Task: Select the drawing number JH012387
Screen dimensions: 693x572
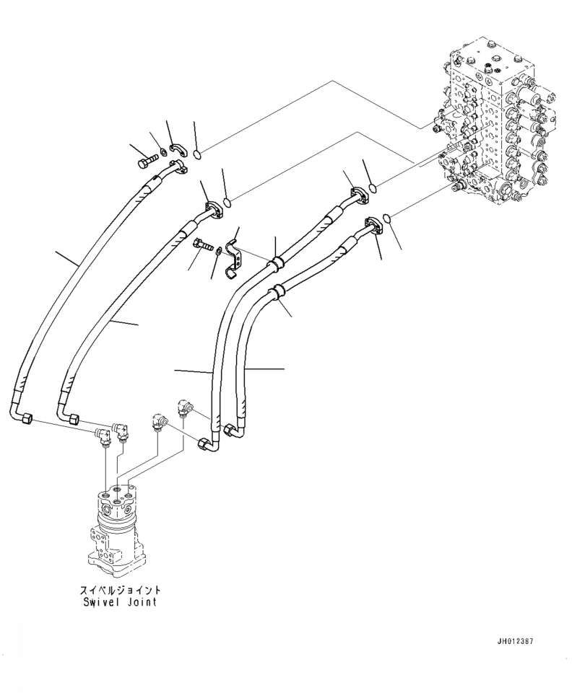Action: (x=515, y=641)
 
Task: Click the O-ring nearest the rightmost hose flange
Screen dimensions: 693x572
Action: (x=388, y=217)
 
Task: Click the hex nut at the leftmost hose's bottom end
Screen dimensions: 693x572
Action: (x=27, y=418)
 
